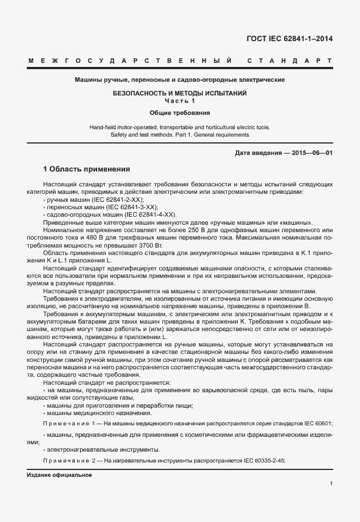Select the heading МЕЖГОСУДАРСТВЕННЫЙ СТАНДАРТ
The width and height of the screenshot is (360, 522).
[x=179, y=61]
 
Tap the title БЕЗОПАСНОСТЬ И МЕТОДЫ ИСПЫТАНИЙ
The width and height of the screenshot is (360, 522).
[x=180, y=93]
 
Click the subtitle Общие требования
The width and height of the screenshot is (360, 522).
[x=180, y=113]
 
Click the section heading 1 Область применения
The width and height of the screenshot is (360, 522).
[x=87, y=170]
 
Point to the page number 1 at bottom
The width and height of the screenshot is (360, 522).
[x=331, y=484]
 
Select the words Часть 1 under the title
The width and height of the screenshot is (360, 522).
[x=180, y=101]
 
